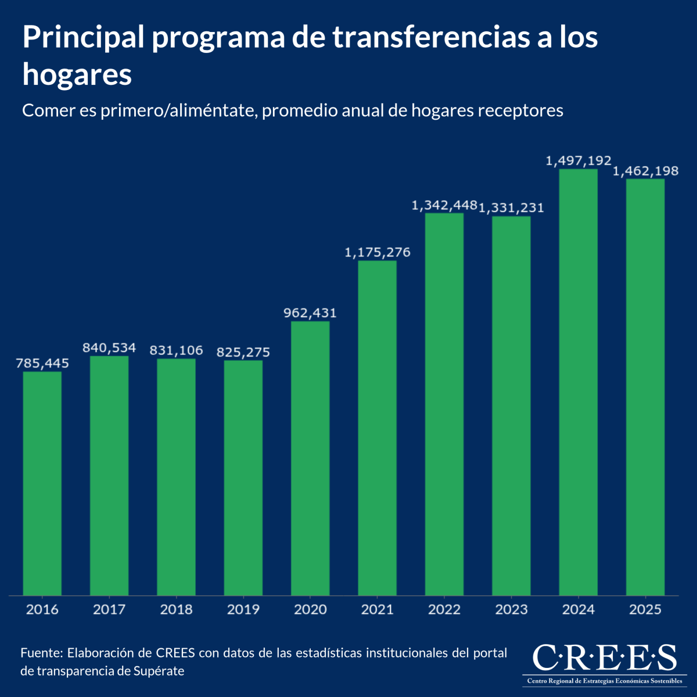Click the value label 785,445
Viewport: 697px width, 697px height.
click(42, 364)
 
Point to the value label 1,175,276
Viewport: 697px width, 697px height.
click(378, 253)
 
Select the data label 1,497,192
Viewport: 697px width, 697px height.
click(579, 161)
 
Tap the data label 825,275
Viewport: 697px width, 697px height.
click(243, 353)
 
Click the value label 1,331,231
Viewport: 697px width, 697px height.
click(512, 208)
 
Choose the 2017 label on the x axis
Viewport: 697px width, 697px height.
click(109, 610)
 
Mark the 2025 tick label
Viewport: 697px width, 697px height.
click(645, 610)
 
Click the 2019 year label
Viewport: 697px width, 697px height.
click(243, 610)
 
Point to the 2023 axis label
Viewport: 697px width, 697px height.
click(512, 610)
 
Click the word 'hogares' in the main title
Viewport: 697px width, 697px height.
click(77, 76)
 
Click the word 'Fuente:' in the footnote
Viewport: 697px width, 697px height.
click(41, 653)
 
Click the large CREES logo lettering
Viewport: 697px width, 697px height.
click(604, 659)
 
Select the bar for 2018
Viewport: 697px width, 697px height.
click(176, 477)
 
